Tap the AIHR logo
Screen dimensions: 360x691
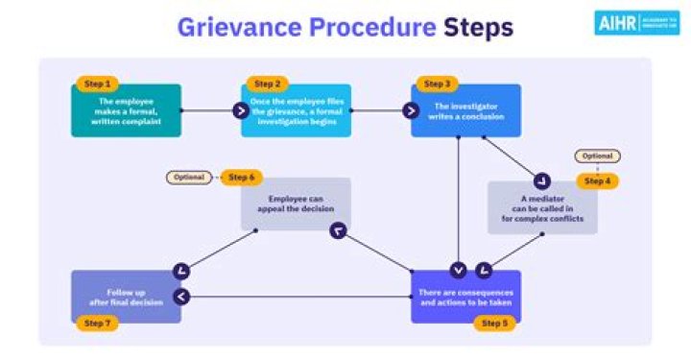(x=632, y=24)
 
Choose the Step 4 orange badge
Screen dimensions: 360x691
(x=598, y=180)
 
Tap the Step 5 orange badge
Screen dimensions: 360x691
(x=494, y=324)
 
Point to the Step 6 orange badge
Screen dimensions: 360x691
(x=241, y=178)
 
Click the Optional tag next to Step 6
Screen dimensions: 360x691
(x=189, y=178)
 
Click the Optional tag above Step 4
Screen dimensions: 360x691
(x=597, y=156)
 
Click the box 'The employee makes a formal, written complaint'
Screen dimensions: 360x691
(x=126, y=110)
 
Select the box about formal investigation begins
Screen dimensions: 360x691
(x=296, y=110)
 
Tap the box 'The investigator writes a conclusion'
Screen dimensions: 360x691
(x=466, y=110)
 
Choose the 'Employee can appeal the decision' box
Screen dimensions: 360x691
(x=296, y=204)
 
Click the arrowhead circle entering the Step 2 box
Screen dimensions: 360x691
(x=241, y=110)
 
